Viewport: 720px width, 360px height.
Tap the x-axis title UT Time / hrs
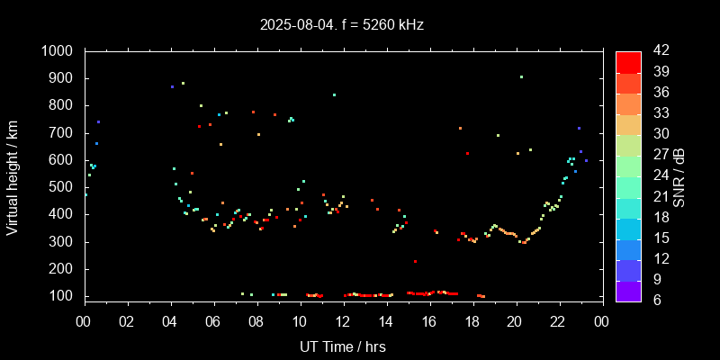(343, 346)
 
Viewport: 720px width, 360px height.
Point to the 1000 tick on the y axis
(63, 51)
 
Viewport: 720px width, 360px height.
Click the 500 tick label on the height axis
(67, 187)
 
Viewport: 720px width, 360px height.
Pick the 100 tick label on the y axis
(67, 296)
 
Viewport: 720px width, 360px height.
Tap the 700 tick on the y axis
(67, 132)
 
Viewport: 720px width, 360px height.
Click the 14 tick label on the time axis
(386, 321)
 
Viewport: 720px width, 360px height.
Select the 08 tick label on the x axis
(256, 321)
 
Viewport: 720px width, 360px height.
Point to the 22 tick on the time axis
(558, 321)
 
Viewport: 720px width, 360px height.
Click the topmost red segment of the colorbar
(628, 61)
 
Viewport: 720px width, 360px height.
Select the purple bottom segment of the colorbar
(628, 290)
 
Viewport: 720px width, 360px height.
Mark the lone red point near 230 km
(415, 261)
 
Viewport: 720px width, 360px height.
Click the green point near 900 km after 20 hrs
(521, 77)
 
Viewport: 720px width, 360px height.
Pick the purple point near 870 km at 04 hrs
(172, 86)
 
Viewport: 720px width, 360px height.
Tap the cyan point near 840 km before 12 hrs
(334, 94)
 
